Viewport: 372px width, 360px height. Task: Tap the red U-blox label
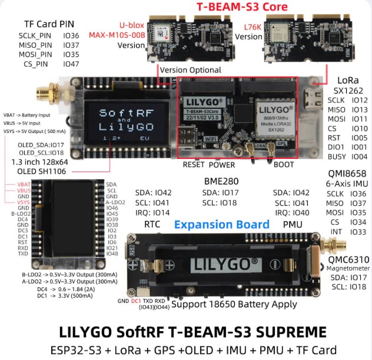point(131,25)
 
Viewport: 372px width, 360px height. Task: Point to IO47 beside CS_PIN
point(71,64)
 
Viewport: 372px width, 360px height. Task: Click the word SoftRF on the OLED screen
point(118,112)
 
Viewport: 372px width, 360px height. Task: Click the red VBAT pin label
point(22,185)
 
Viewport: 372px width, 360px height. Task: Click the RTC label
point(152,224)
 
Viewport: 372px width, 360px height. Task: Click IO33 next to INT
point(358,232)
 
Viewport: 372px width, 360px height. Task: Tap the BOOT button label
point(284,165)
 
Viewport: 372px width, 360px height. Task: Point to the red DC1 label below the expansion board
point(136,301)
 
